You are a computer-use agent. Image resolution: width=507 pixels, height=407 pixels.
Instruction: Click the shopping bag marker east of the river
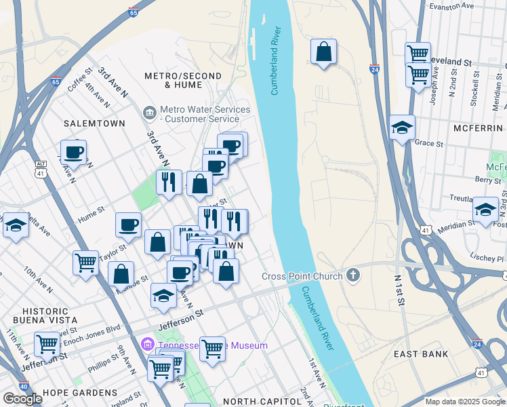coord(324,52)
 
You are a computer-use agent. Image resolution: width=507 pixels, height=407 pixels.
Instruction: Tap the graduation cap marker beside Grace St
coord(402,128)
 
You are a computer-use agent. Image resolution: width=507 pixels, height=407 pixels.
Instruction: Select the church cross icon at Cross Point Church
coord(352,275)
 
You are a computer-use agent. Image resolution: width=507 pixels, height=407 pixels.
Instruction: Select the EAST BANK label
coord(421,354)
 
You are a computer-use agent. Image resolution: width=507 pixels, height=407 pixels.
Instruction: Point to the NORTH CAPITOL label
coord(262,402)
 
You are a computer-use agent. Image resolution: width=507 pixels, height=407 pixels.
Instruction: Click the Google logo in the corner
coord(22,399)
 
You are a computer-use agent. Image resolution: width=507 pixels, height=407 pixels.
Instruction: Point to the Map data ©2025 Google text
coord(465,402)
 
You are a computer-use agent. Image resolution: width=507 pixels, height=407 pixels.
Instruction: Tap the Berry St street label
coord(488,180)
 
